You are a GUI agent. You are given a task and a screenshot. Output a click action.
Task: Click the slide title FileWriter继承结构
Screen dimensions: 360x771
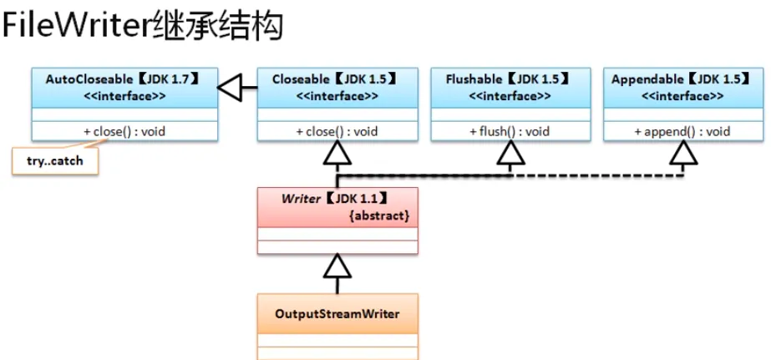coord(143,28)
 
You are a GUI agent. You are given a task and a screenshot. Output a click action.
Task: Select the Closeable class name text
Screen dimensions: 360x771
coord(302,79)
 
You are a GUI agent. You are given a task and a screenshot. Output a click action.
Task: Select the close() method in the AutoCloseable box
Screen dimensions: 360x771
coord(123,131)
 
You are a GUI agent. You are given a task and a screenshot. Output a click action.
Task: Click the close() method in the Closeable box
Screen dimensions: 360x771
coord(337,131)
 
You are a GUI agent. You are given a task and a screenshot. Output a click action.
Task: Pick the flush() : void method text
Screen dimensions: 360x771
coord(510,131)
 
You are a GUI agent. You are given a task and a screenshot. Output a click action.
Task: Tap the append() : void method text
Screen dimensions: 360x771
coord(682,131)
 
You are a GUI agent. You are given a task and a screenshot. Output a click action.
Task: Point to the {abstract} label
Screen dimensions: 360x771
coord(379,215)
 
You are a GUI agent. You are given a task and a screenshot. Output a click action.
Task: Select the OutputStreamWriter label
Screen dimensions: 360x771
coord(337,314)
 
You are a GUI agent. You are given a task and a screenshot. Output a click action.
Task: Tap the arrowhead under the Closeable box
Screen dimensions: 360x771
coord(337,153)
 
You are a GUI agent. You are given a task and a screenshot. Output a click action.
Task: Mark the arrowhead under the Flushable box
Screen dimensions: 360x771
coord(510,153)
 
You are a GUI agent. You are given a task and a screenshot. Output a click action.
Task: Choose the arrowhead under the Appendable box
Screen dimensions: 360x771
coord(682,153)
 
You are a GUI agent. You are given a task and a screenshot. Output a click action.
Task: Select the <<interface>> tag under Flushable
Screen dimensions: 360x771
coord(510,96)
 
